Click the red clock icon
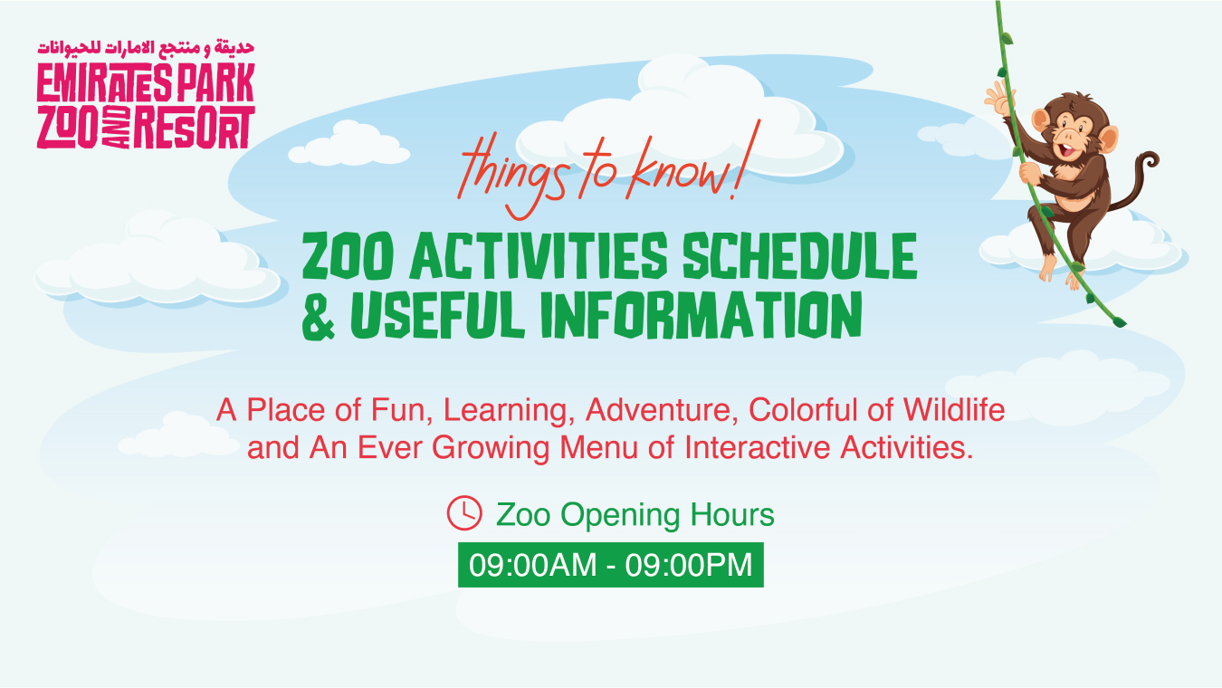(464, 513)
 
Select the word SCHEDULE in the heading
(800, 256)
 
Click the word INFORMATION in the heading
(702, 315)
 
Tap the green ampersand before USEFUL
(318, 316)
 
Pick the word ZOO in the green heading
(348, 256)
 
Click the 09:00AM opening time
(532, 565)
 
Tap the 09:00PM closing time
(689, 565)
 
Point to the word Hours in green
(731, 514)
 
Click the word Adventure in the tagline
(661, 410)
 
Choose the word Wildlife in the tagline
(953, 409)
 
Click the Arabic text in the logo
(146, 48)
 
